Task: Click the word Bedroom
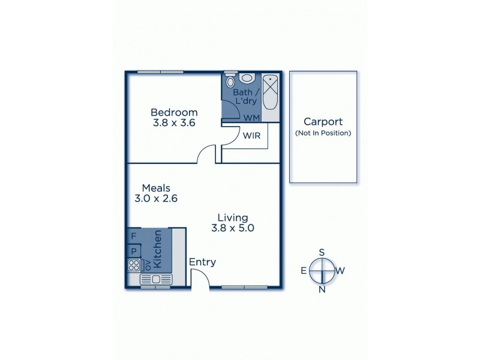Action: coord(174,112)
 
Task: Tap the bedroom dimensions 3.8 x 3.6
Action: coord(174,123)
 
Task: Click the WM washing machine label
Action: coord(251,118)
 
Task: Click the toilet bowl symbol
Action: coord(247,78)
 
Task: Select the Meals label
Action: coord(156,188)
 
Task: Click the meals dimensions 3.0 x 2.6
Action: coord(156,199)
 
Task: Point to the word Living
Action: coord(233,217)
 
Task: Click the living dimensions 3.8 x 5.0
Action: coord(233,228)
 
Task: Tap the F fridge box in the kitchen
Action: coord(133,236)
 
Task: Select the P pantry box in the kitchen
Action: coord(133,251)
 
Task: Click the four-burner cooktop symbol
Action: coord(133,265)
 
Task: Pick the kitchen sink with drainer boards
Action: coord(156,279)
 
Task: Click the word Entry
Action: coord(202,262)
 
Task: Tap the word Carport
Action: coord(323,121)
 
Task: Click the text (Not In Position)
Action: coord(323,133)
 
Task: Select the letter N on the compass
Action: coord(322,290)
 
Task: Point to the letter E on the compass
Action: coord(304,271)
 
